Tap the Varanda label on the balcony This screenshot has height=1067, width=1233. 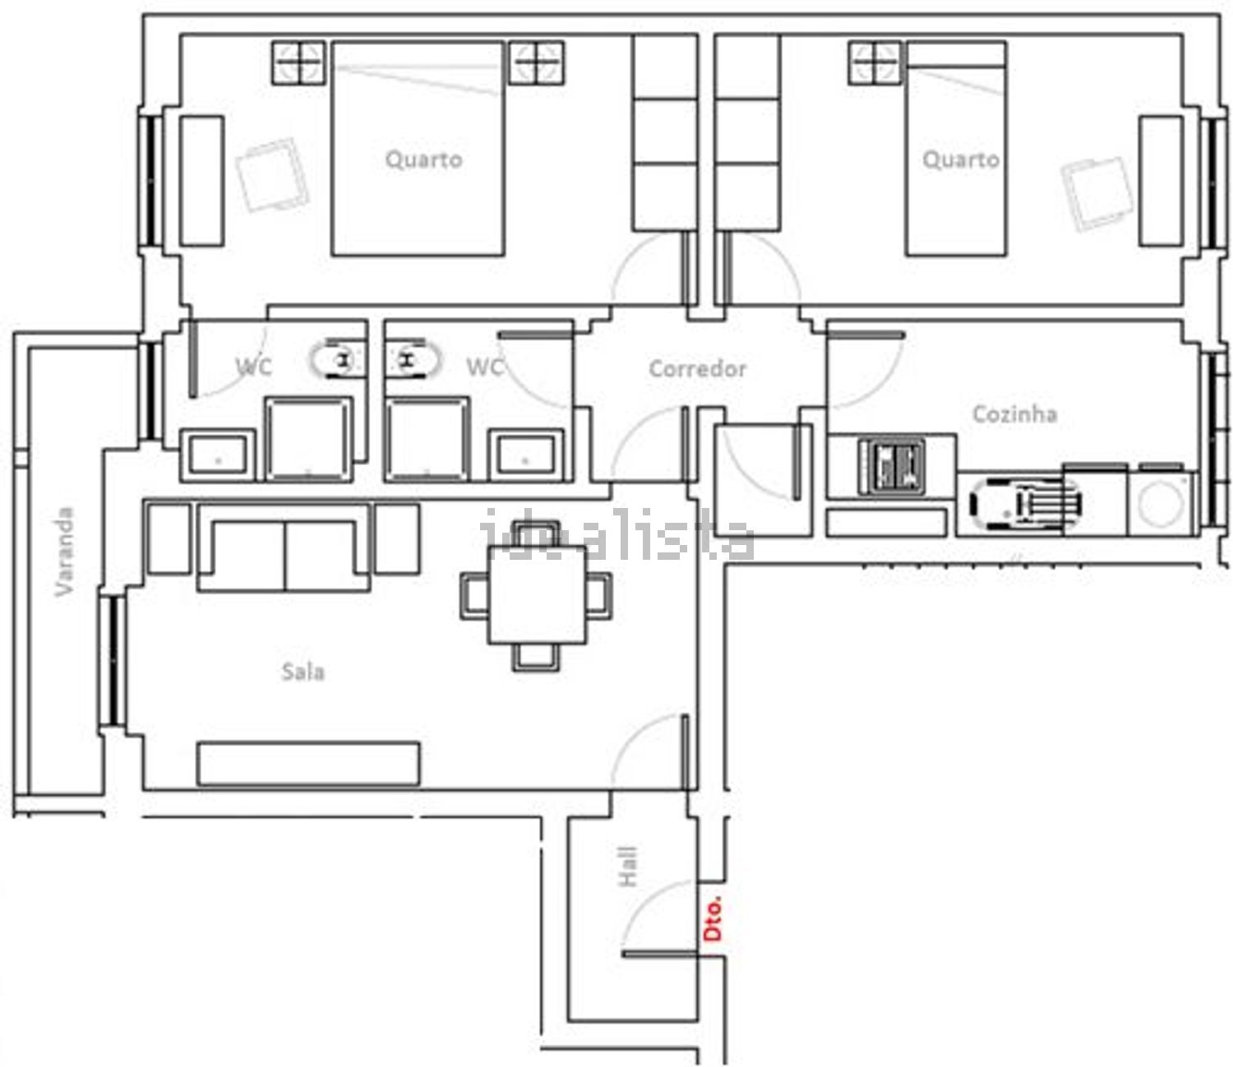point(64,552)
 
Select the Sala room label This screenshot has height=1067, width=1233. point(303,672)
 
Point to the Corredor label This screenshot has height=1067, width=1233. point(697,369)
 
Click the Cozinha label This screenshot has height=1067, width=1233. point(1014,414)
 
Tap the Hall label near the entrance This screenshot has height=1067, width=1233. point(628,866)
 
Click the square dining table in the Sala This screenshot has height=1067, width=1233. point(537,594)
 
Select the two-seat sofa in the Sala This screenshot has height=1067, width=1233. point(284,547)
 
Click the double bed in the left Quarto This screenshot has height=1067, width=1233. point(418,149)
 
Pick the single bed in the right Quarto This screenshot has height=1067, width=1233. point(956,149)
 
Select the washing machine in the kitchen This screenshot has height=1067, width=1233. point(1161,501)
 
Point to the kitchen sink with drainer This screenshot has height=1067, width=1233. point(1026,504)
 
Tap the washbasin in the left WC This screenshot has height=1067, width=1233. point(218,455)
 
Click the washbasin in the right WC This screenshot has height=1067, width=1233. point(525,455)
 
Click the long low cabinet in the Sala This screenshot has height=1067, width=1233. point(308,764)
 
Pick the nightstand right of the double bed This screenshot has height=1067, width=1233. point(536,62)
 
